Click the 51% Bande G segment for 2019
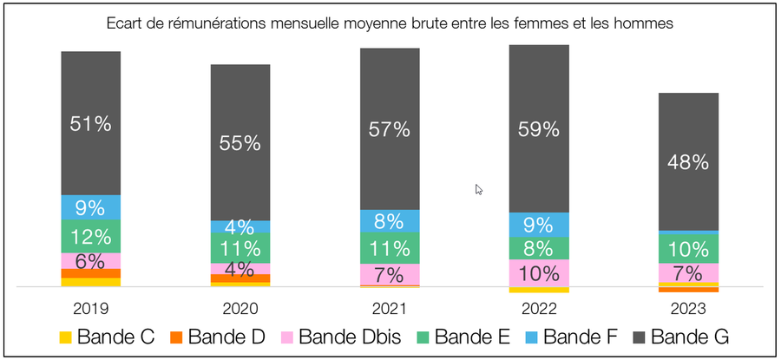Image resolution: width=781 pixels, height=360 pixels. [90, 123]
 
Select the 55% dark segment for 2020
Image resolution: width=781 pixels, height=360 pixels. [240, 142]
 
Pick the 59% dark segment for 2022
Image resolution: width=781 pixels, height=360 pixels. [539, 128]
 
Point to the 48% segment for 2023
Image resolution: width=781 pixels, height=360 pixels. [688, 161]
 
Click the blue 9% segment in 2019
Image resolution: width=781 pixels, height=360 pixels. [90, 207]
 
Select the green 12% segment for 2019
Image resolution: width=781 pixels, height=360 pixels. [90, 236]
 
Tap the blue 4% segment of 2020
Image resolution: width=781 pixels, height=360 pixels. [240, 226]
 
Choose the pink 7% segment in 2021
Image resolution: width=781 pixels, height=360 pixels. [390, 274]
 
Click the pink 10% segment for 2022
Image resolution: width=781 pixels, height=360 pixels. [539, 272]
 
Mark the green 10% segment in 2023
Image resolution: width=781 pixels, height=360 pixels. [688, 248]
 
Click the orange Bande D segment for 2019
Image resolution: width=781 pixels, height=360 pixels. [90, 273]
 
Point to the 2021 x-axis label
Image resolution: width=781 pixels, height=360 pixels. [390, 308]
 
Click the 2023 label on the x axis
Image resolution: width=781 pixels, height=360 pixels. [688, 308]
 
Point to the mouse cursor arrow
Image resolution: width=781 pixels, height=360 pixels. [479, 189]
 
